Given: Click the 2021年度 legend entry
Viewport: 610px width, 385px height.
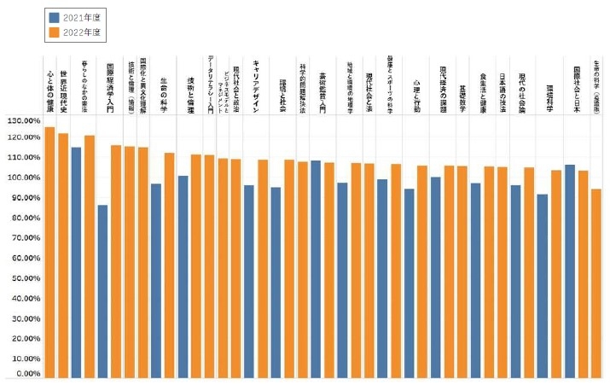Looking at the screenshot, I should point(77,17).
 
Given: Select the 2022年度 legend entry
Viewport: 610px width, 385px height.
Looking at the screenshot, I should point(77,32).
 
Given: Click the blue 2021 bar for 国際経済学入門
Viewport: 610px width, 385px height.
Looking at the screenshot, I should point(102,290).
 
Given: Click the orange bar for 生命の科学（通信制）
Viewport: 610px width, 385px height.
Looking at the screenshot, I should point(595,283).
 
